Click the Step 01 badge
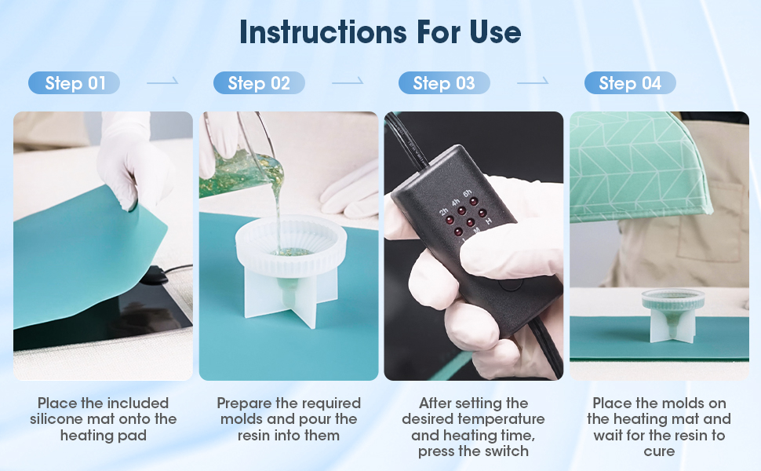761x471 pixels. [75, 83]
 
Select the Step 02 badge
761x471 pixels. [259, 83]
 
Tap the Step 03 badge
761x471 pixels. [444, 83]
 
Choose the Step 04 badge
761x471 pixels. [629, 83]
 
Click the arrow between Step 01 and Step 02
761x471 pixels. [162, 81]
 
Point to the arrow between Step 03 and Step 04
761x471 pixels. [533, 81]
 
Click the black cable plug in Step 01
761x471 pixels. [153, 275]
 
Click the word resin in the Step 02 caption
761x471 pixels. [259, 435]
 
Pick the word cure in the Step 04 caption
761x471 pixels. [658, 451]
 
